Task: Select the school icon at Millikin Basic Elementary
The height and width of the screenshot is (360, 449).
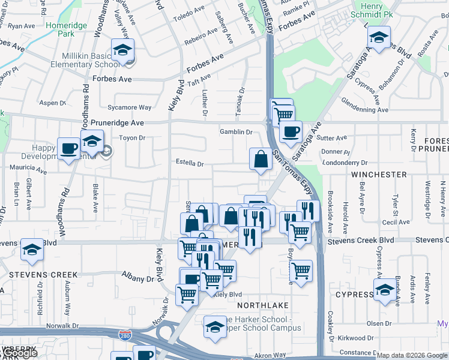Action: [122, 50]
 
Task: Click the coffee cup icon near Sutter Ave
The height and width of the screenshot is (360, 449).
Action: [291, 132]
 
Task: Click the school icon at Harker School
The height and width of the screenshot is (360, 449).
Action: [215, 327]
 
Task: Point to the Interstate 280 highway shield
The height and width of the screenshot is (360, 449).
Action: [125, 334]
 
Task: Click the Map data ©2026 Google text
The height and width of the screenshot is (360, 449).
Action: [412, 355]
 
